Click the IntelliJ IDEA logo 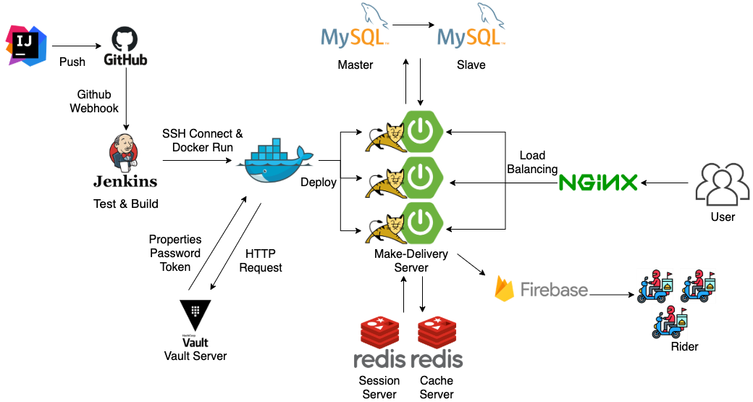26,45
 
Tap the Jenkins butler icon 124,151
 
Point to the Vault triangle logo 195,313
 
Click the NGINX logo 597,182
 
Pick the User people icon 722,184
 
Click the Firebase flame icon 504,288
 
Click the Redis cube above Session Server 380,332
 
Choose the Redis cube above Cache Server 437,332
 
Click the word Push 72,62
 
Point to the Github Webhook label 93,101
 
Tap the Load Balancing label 532,162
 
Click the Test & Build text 126,204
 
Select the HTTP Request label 261,261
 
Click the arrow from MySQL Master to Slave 413,27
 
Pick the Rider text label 684,346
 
